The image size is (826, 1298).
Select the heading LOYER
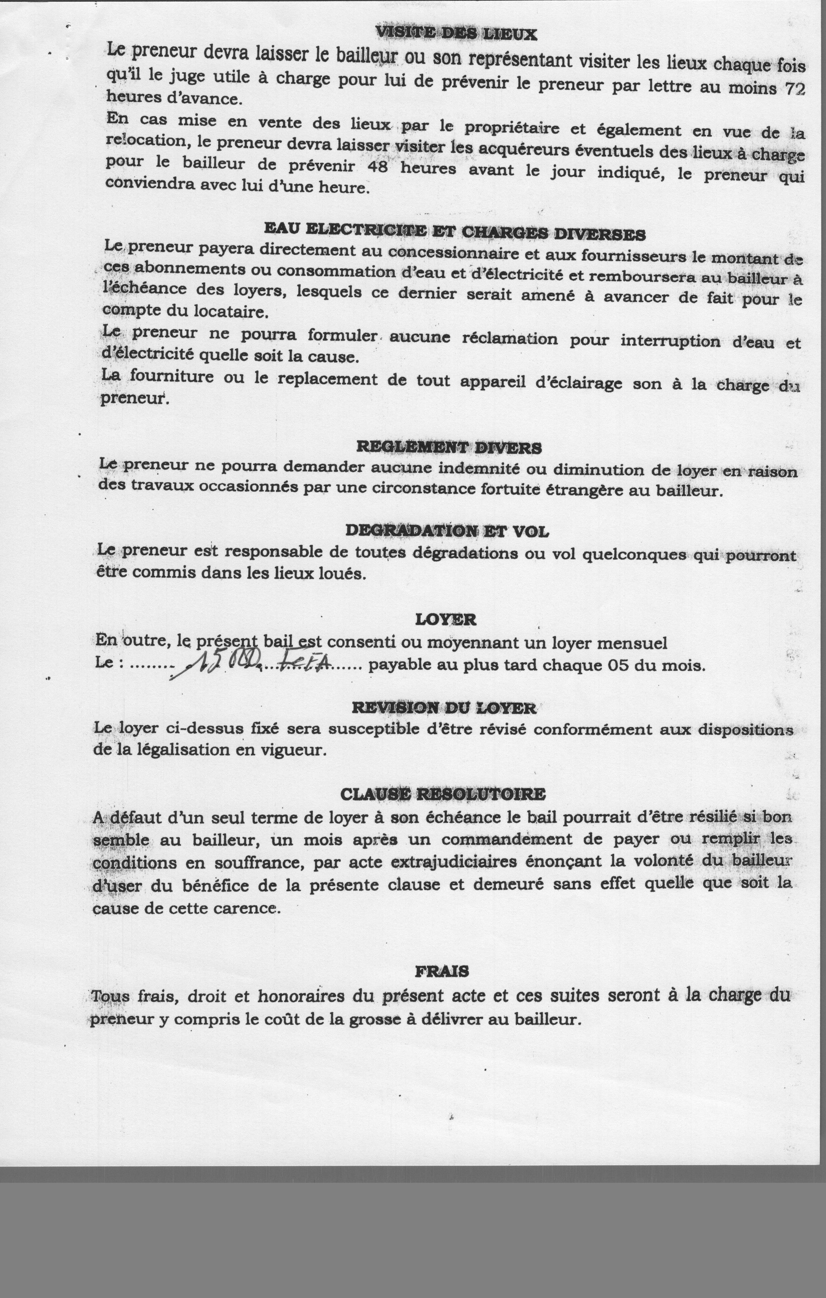[445, 619]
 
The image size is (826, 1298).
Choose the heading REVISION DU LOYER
[444, 707]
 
